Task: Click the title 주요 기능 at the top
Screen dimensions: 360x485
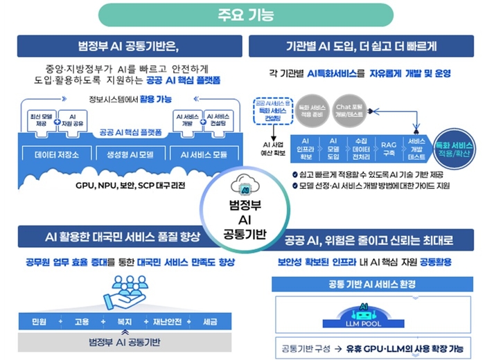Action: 242,13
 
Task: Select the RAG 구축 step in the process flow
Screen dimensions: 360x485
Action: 389,145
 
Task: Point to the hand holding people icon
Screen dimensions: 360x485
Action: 125,291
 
